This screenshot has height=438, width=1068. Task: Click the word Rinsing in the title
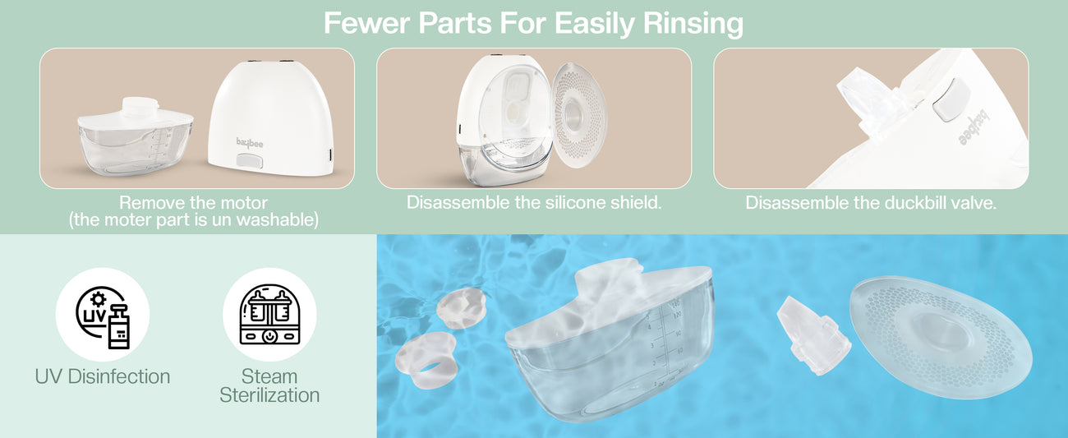693,23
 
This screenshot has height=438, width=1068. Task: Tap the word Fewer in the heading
366,22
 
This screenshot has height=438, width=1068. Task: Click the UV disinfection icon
103,315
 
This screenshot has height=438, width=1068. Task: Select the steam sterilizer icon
269,315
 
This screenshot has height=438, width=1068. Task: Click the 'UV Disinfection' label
103,376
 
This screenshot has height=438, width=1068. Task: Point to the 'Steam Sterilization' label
269,385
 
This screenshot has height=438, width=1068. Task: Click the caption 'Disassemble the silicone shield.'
534,203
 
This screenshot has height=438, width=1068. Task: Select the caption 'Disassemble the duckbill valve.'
871,203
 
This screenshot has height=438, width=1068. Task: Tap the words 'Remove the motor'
193,203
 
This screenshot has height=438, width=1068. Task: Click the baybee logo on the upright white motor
250,142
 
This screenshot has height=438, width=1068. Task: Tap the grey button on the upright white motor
250,161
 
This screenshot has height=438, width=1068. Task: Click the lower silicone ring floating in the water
426,360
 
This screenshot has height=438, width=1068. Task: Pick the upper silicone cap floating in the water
462,309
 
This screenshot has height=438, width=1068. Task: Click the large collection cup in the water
610,341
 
